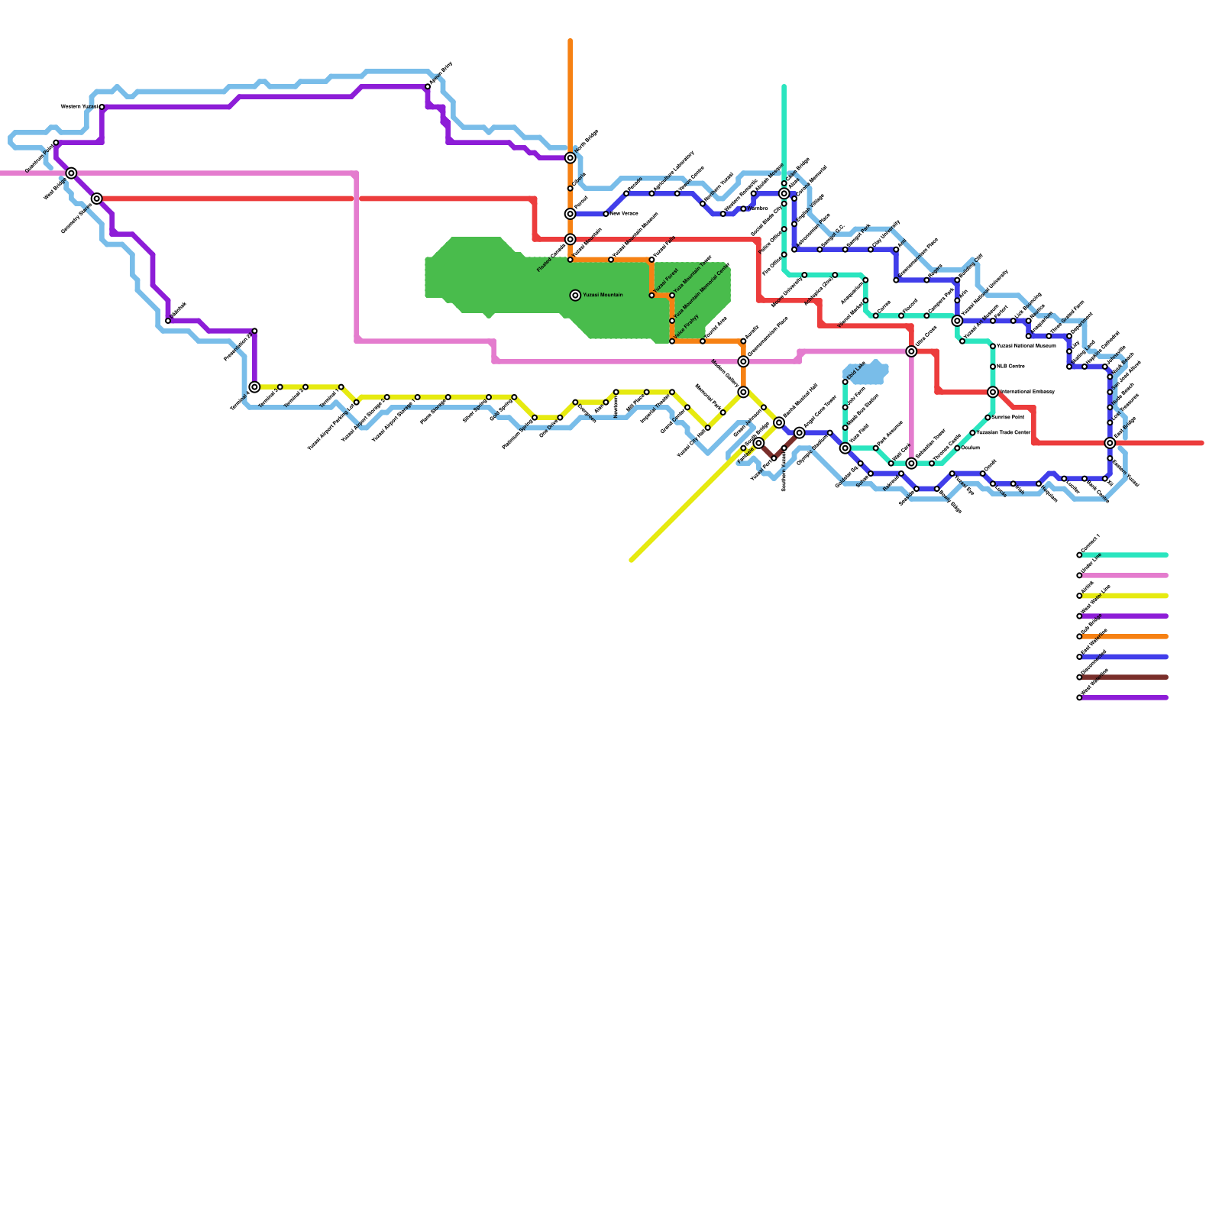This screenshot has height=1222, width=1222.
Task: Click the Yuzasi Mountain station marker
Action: pos(575,296)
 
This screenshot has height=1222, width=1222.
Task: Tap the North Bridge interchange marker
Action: pos(571,158)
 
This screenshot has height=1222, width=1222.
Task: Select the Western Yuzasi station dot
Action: pos(102,107)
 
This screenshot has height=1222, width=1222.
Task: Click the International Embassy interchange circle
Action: pos(993,393)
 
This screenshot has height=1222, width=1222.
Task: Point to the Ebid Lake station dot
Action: pos(845,382)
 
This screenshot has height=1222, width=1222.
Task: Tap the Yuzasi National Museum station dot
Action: pos(993,347)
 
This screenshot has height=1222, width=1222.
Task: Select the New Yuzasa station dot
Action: pos(606,214)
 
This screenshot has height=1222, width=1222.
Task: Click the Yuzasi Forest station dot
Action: pos(651,296)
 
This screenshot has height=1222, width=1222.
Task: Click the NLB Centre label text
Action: pos(1011,367)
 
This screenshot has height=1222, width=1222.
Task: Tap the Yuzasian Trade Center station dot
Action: pos(972,433)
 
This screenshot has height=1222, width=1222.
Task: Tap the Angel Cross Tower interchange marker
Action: pos(800,433)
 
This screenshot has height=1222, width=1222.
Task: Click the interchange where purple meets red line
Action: pos(97,199)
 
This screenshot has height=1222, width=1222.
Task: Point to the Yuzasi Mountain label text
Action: pos(603,296)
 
